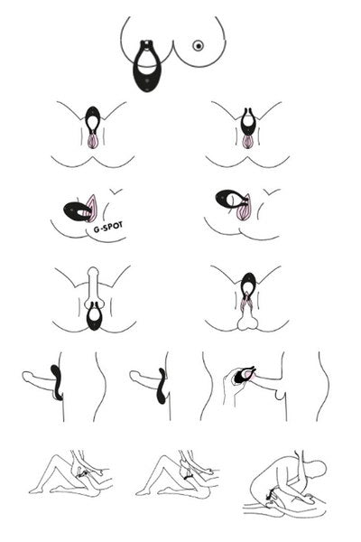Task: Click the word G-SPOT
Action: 107,227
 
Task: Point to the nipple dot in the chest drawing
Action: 198,46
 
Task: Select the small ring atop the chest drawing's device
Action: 147,44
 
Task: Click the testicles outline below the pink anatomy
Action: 248,321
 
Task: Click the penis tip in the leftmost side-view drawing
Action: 26,377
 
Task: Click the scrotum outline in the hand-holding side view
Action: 281,395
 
